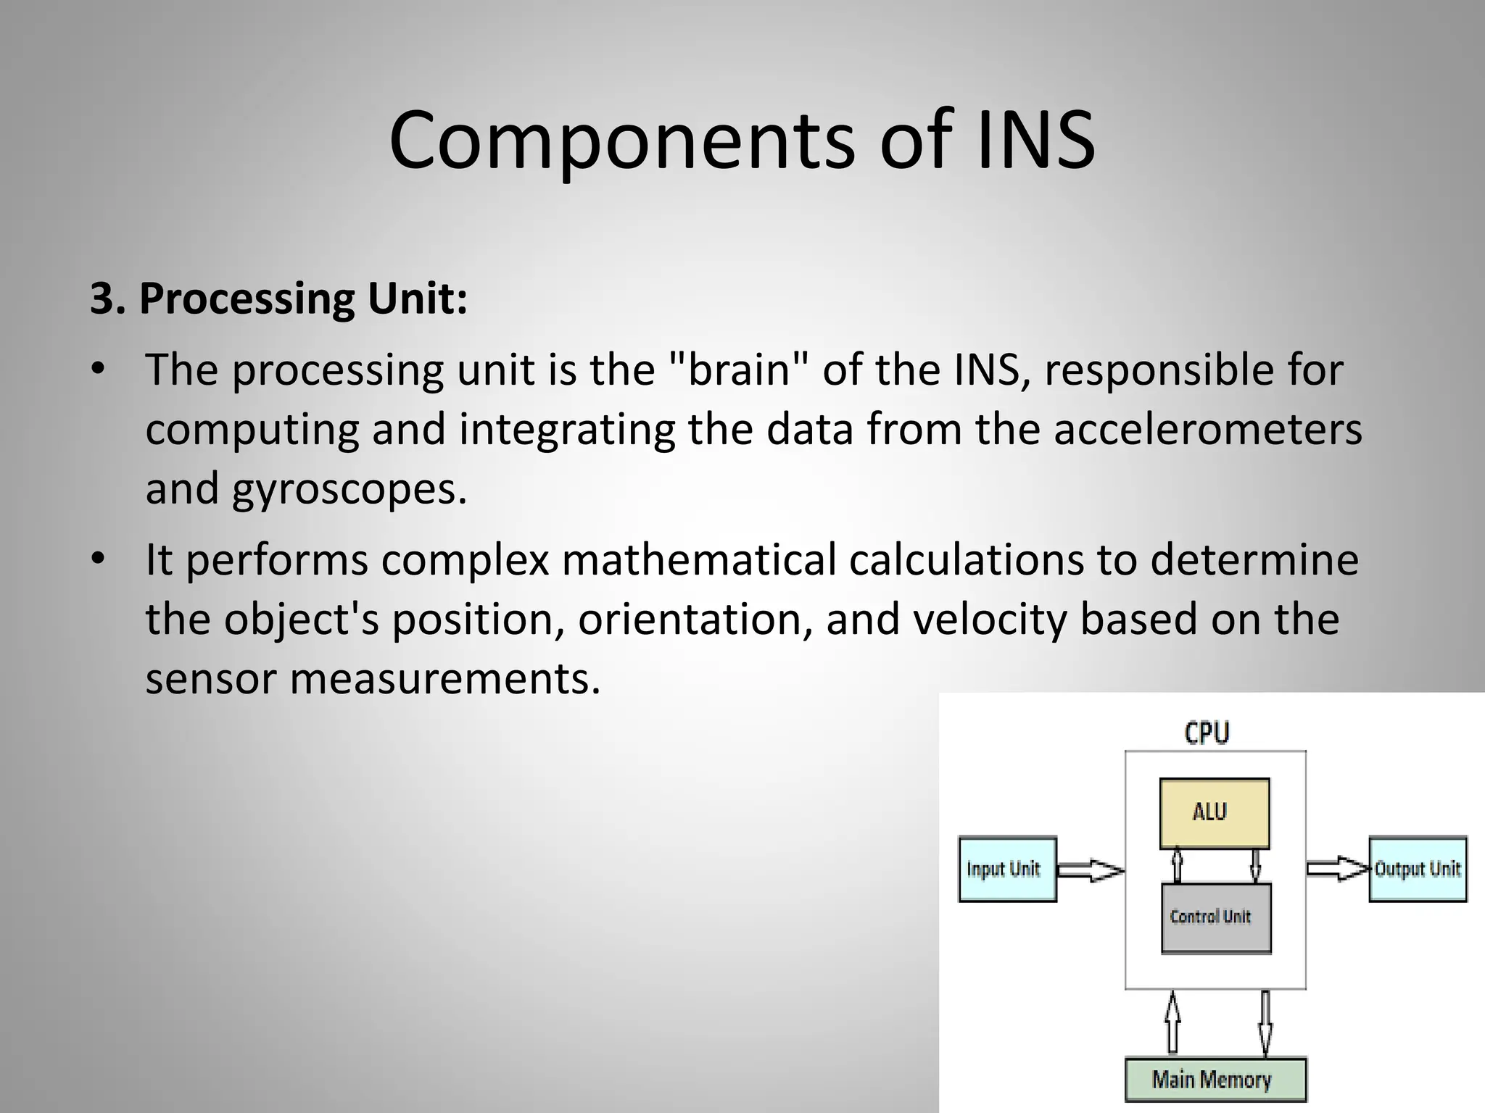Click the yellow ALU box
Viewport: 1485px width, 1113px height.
1215,813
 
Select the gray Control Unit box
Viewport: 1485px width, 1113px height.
1216,917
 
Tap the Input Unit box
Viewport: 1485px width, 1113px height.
1007,869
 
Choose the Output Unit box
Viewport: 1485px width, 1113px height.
1418,869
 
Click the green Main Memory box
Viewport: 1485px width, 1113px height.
1215,1080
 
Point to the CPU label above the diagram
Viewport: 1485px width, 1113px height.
1207,733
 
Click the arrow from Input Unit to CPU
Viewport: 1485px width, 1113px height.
1090,870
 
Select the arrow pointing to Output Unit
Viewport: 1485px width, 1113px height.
1338,868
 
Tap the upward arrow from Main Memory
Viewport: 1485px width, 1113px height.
1172,1022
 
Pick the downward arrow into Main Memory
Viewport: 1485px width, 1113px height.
1265,1022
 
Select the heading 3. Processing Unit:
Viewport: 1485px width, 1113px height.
278,298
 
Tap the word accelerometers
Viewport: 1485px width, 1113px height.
1207,429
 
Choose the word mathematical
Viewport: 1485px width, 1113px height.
698,560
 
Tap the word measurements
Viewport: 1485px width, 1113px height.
445,679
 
